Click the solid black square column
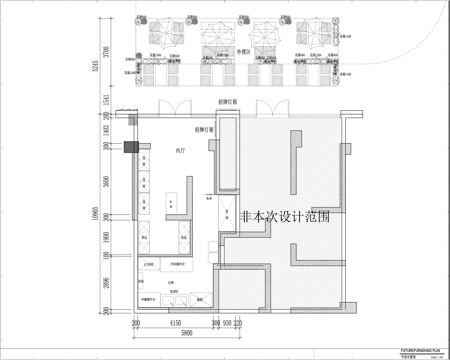click(130, 147)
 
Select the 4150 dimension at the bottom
click(175, 323)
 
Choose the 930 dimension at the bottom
click(228, 323)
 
